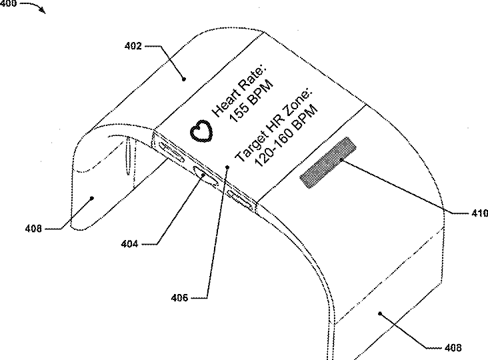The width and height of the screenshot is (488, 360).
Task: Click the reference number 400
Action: (8, 3)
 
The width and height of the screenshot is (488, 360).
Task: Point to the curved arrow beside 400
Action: (35, 7)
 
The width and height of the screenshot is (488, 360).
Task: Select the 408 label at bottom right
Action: (452, 347)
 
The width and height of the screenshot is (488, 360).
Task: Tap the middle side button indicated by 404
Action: (205, 177)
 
